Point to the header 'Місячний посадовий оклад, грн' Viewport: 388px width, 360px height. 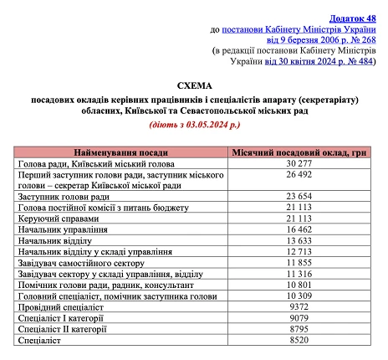pyautogui.click(x=298, y=154)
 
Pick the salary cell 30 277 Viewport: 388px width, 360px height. pyautogui.click(x=298, y=165)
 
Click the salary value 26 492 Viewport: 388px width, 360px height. pyautogui.click(x=298, y=176)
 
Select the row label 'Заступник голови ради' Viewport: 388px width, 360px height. pyautogui.click(x=64, y=196)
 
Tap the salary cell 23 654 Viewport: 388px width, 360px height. pyautogui.click(x=298, y=196)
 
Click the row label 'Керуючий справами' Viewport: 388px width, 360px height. pyautogui.click(x=57, y=218)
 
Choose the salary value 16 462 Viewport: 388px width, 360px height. pyautogui.click(x=298, y=229)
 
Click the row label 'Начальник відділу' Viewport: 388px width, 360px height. pyautogui.click(x=54, y=239)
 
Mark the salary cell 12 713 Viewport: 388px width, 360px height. pyautogui.click(x=298, y=250)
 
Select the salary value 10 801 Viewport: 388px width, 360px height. pyautogui.click(x=298, y=283)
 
